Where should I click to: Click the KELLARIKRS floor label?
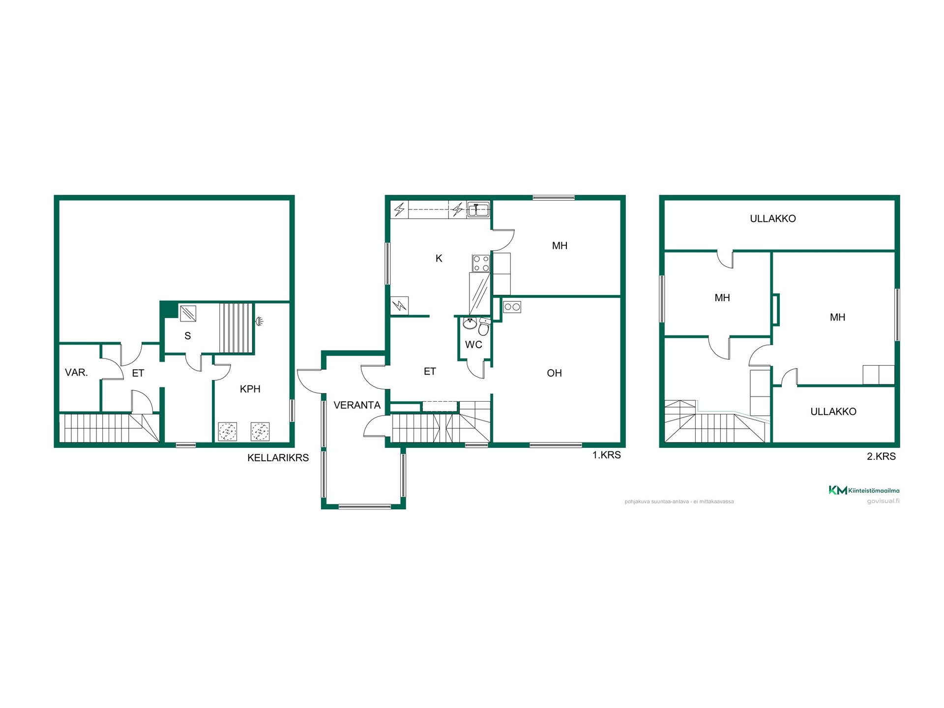pyautogui.click(x=278, y=458)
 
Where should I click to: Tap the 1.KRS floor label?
pyautogui.click(x=606, y=455)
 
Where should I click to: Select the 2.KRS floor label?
pyautogui.click(x=881, y=456)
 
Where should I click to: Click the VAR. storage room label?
pyautogui.click(x=76, y=373)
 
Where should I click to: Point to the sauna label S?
pyautogui.click(x=187, y=336)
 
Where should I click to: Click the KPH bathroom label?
pyautogui.click(x=250, y=389)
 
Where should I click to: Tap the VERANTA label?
pyautogui.click(x=357, y=405)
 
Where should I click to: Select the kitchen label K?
pyautogui.click(x=439, y=258)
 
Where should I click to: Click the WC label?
pyautogui.click(x=473, y=345)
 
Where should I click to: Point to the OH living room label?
pyautogui.click(x=554, y=373)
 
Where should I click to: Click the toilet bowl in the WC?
pyautogui.click(x=484, y=326)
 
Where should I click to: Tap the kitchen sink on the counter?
pyautogui.click(x=478, y=209)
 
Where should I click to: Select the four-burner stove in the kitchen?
pyautogui.click(x=481, y=263)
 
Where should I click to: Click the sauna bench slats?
pyautogui.click(x=236, y=328)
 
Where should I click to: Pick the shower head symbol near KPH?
pyautogui.click(x=259, y=322)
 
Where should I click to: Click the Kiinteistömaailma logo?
pyautogui.click(x=864, y=490)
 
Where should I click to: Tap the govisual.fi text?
pyautogui.click(x=883, y=501)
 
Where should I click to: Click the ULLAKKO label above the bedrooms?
pyautogui.click(x=772, y=219)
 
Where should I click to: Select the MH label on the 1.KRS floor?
pyautogui.click(x=560, y=246)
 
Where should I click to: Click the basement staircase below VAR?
pyautogui.click(x=109, y=428)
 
